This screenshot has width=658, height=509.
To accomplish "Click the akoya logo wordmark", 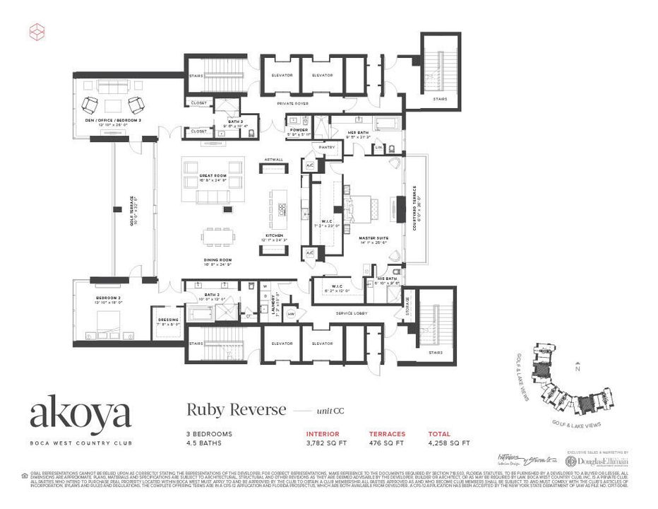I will coord(80,416).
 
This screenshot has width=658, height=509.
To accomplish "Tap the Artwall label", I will coord(274,160).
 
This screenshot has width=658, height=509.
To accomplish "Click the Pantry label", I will coord(326,147).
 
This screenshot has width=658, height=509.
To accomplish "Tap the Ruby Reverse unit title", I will coord(236,409).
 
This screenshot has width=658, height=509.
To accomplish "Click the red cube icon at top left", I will coord(35,32).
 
